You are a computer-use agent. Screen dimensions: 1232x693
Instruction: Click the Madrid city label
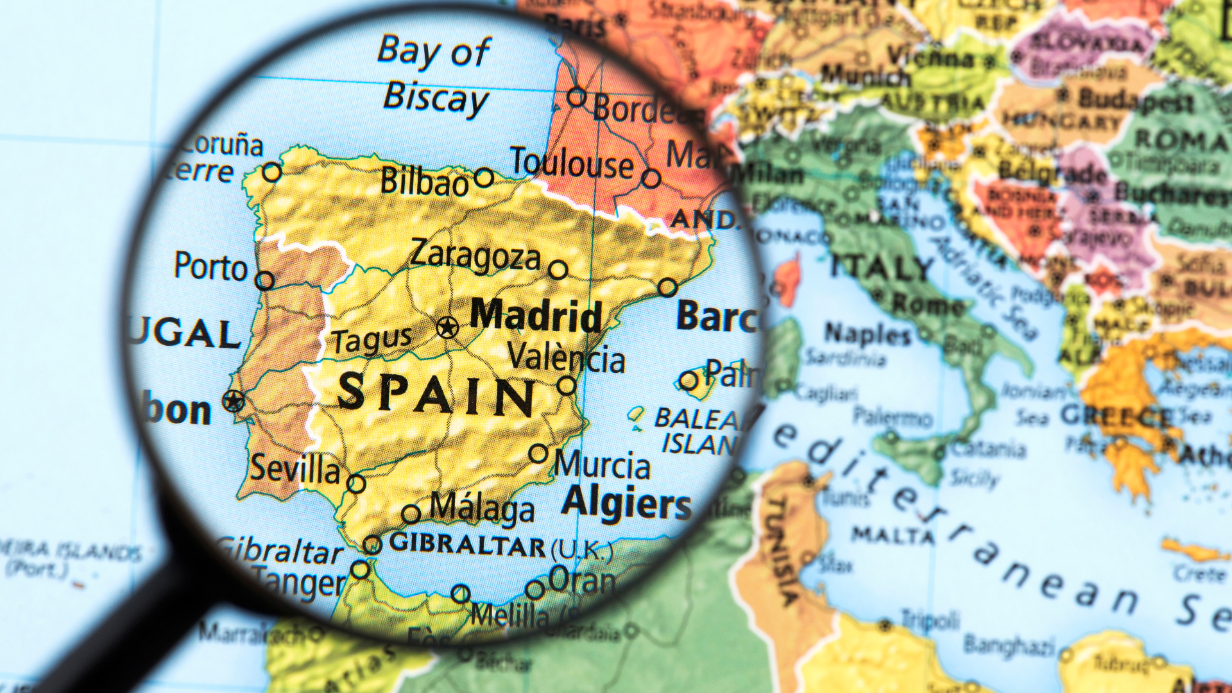pyautogui.click(x=536, y=316)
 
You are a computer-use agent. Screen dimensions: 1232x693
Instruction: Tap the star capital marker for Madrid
pyautogui.click(x=447, y=327)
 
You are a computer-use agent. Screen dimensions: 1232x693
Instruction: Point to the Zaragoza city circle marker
pyautogui.click(x=558, y=269)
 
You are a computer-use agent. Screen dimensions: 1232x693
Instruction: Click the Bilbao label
pyautogui.click(x=424, y=182)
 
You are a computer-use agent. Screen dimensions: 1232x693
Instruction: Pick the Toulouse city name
pyautogui.click(x=571, y=163)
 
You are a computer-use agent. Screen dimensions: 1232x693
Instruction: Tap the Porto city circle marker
pyautogui.click(x=264, y=280)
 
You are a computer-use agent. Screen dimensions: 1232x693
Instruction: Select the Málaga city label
pyautogui.click(x=481, y=508)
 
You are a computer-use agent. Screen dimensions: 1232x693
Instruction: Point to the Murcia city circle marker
pyautogui.click(x=539, y=454)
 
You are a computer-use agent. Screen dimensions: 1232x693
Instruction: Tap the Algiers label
pyautogui.click(x=626, y=502)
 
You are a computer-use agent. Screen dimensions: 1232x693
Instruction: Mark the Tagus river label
pyautogui.click(x=372, y=340)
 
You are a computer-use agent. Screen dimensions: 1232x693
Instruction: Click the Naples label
pyautogui.click(x=868, y=334)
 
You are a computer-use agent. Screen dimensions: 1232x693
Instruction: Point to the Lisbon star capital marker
pyautogui.click(x=234, y=401)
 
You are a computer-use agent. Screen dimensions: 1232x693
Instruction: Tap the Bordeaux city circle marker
pyautogui.click(x=576, y=98)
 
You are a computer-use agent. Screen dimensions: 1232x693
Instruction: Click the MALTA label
pyautogui.click(x=893, y=534)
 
